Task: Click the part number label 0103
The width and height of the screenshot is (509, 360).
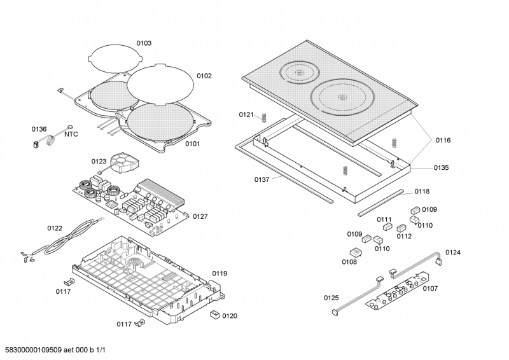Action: (x=143, y=43)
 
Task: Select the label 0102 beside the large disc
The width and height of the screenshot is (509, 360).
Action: (x=204, y=76)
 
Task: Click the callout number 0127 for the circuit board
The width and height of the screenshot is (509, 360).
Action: (x=200, y=216)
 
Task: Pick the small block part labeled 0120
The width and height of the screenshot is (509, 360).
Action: (x=215, y=314)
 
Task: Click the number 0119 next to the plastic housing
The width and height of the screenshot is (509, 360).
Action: (x=220, y=273)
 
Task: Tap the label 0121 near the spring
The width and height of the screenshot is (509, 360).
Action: (x=246, y=114)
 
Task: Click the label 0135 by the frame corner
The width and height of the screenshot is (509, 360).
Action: (x=442, y=168)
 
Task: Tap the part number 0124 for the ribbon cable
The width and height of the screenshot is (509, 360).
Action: (x=453, y=253)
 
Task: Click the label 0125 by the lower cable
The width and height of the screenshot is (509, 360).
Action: (x=331, y=298)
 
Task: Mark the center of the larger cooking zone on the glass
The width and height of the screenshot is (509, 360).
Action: (x=342, y=98)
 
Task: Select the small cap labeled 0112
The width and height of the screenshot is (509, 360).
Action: (x=401, y=228)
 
